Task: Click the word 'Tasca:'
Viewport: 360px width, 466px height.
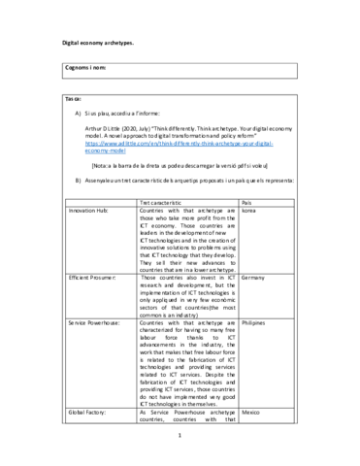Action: [74, 100]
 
